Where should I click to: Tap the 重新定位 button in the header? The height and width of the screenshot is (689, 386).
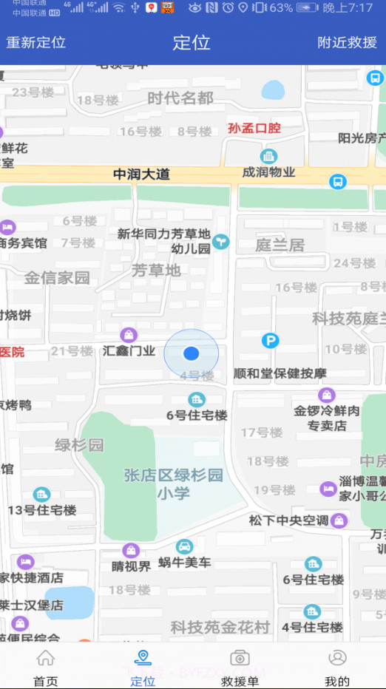point(36,42)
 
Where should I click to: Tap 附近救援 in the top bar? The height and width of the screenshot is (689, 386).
point(348,42)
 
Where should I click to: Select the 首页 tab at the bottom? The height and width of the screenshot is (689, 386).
point(46,668)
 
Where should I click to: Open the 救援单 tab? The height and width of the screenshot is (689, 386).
point(240,668)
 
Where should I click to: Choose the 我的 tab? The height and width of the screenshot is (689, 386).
point(337,668)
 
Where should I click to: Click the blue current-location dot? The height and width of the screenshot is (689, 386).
point(192,353)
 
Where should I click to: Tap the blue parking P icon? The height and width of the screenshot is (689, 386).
point(271,341)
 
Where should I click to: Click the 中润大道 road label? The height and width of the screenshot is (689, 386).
point(141,174)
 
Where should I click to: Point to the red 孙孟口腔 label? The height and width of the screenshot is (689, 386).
point(254,128)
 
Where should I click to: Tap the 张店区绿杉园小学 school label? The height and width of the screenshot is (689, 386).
point(173,483)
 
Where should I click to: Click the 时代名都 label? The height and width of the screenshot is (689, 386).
point(180,98)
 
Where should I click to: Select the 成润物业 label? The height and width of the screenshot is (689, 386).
point(269,172)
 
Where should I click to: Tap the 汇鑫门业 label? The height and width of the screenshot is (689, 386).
point(129,350)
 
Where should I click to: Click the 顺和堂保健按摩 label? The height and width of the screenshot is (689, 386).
point(280,373)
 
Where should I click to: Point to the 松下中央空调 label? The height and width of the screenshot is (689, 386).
point(288,520)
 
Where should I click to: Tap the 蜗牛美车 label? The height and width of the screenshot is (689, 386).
point(184,562)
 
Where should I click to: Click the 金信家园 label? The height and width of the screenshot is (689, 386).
point(57,278)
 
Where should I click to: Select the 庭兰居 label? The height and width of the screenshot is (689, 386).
point(280,245)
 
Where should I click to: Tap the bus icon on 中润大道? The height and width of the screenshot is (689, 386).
point(338,181)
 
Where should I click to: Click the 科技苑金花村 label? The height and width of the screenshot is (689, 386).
point(220,627)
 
